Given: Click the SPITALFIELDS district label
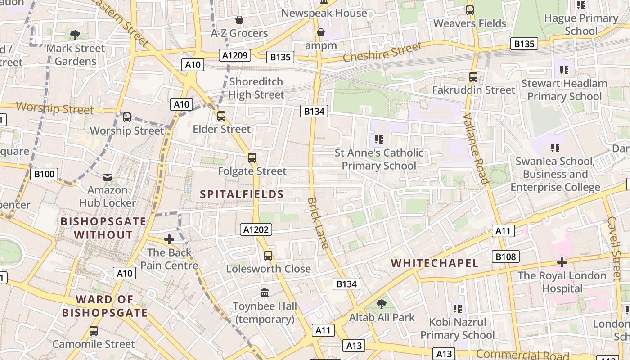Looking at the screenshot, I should (x=242, y=194).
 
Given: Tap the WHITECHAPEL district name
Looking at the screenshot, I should (x=434, y=263).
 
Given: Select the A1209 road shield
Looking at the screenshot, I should (x=235, y=55).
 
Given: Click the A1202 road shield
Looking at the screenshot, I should (x=256, y=229).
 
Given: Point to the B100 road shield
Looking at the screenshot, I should (x=44, y=174).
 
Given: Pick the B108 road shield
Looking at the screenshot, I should (x=505, y=256).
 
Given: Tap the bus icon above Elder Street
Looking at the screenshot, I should (x=221, y=116).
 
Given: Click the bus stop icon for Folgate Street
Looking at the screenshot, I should (x=252, y=158).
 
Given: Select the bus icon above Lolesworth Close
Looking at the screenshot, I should (x=268, y=256).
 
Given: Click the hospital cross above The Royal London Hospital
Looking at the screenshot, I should (x=562, y=262).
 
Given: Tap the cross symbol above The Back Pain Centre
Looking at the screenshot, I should (x=169, y=239).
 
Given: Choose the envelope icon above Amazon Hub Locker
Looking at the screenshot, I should (x=108, y=177).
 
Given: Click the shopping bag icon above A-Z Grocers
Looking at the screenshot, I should (x=239, y=20).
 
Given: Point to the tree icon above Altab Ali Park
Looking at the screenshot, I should (x=382, y=304).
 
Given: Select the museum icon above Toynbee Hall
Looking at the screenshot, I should (x=265, y=293).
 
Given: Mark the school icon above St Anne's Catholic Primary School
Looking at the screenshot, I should (x=378, y=139).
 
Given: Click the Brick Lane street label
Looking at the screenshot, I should (x=319, y=223).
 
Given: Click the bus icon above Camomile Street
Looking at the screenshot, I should (x=93, y=331).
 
